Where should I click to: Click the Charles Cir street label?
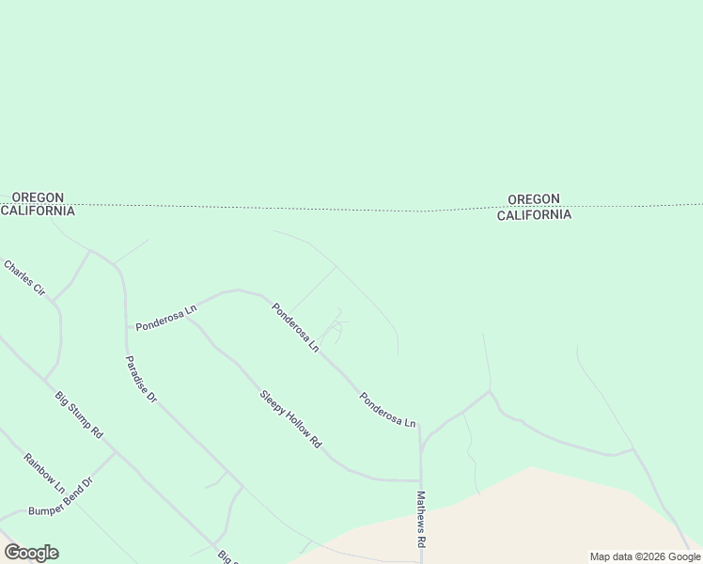click(23, 279)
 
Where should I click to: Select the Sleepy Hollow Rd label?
click(291, 417)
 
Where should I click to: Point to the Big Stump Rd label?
click(79, 415)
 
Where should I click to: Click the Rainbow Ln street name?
click(44, 475)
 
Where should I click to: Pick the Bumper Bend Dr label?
click(62, 497)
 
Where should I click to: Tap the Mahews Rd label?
click(422, 520)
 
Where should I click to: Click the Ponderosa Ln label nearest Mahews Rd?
click(387, 410)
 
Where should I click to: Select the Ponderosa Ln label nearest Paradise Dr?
click(165, 317)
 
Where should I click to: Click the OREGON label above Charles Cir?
click(38, 197)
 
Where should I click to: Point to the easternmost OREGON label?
click(534, 199)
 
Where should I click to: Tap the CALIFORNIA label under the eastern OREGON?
click(534, 214)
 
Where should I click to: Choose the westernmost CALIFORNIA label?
click(38, 211)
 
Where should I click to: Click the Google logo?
click(31, 553)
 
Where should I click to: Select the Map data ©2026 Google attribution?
click(646, 556)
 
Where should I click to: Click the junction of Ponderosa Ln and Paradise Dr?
click(126, 327)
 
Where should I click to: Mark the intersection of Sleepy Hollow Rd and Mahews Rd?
click(419, 479)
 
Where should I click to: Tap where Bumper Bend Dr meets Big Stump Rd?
click(116, 452)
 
